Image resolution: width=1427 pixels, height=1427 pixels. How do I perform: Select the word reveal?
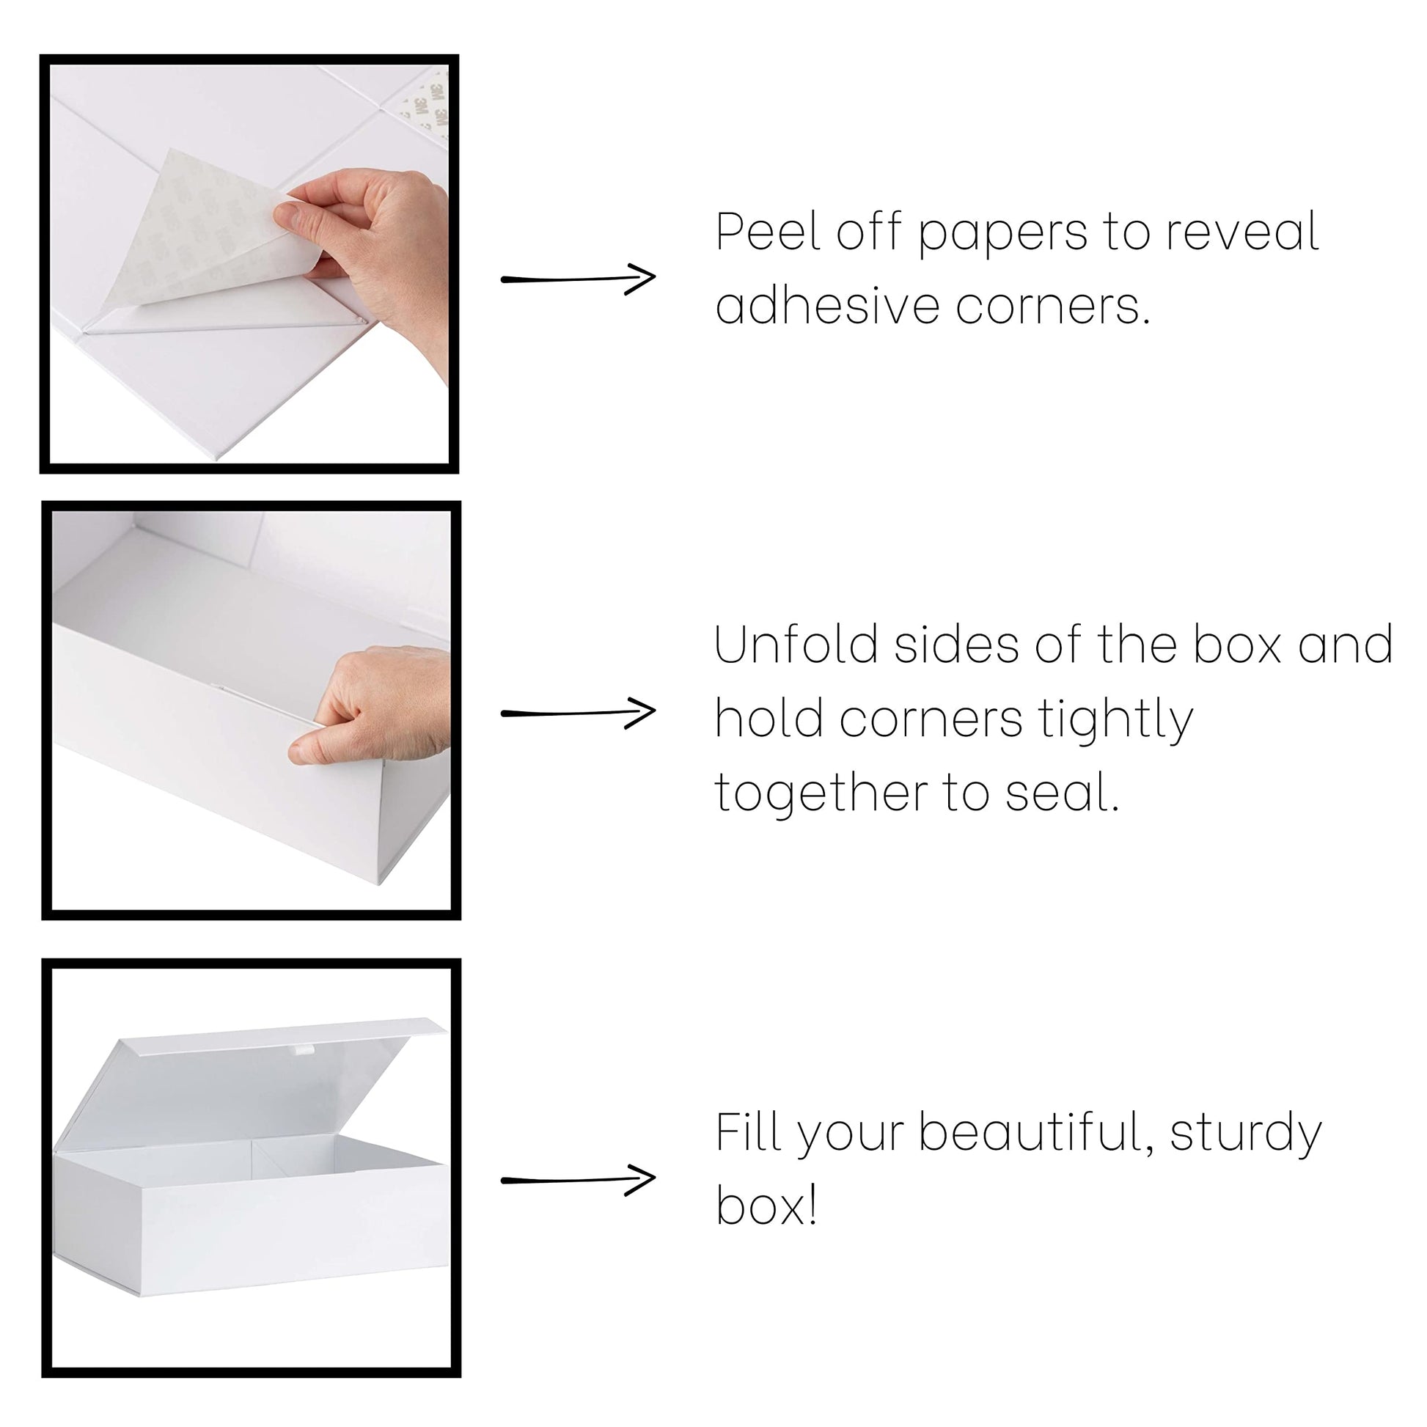coord(1242,231)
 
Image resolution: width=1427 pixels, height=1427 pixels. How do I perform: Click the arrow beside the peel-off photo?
coord(579,279)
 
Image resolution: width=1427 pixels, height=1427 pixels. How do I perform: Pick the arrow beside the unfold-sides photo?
coord(579,713)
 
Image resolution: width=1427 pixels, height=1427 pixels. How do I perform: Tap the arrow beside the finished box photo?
coord(579,1180)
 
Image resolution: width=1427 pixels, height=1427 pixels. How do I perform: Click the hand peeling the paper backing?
coord(370,251)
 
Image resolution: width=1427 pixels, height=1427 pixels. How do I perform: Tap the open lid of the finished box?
coord(243,1079)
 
